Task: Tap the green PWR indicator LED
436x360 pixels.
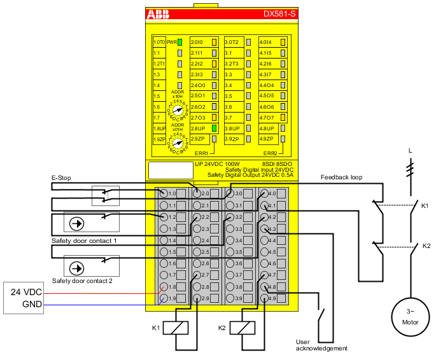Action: [180, 42]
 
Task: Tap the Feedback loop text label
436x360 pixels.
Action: [342, 177]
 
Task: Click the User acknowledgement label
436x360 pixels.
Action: [321, 345]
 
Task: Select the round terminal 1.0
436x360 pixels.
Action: [164, 193]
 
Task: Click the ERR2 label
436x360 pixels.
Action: [271, 153]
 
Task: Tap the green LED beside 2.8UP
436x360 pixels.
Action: [214, 128]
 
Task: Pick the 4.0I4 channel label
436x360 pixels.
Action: [266, 42]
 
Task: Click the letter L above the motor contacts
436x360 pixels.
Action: [409, 151]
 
